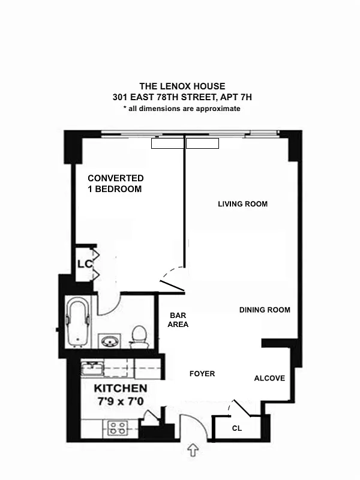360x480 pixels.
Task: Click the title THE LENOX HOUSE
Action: click(x=182, y=86)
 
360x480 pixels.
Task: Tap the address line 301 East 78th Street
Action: click(x=182, y=97)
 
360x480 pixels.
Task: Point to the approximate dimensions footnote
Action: click(x=182, y=109)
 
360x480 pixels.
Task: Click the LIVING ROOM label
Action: click(x=242, y=204)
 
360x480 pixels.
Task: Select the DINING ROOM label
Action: click(x=265, y=310)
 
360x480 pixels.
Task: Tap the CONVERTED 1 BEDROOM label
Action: click(x=115, y=184)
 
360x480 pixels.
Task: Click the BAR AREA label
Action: click(x=179, y=320)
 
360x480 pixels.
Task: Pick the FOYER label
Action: click(x=202, y=374)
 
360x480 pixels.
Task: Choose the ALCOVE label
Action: click(x=269, y=379)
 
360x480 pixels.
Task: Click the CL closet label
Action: click(x=237, y=428)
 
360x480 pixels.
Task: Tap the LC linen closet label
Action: click(x=83, y=265)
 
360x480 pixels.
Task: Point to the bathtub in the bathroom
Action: click(x=78, y=323)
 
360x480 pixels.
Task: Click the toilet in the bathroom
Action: click(x=139, y=336)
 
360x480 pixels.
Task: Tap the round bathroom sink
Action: click(x=110, y=342)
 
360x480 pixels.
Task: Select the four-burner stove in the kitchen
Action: click(x=117, y=428)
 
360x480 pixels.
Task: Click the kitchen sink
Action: click(x=93, y=368)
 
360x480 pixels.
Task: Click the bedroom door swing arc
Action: click(x=173, y=277)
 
